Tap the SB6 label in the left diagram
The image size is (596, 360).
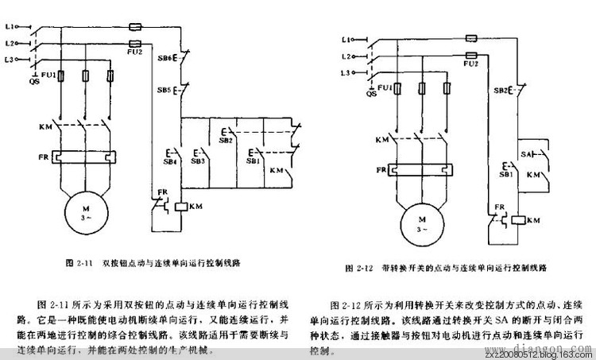(x=164, y=57)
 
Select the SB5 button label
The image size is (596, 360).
(x=164, y=90)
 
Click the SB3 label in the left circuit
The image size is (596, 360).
(x=198, y=160)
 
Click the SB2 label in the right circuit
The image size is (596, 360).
(x=500, y=90)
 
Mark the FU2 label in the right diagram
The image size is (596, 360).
(x=471, y=63)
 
